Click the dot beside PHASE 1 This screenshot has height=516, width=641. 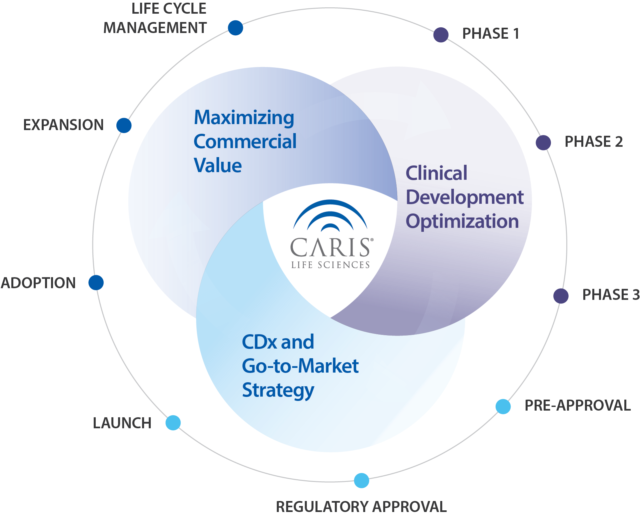[x=441, y=35]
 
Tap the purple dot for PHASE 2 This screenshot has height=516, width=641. [x=543, y=142]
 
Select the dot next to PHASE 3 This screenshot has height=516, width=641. [x=561, y=296]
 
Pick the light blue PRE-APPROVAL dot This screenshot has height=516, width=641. [x=503, y=406]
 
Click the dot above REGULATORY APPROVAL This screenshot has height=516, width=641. [x=361, y=480]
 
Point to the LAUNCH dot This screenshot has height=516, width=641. [x=173, y=423]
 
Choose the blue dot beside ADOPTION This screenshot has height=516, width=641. [x=96, y=283]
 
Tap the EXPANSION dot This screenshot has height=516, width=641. [x=124, y=125]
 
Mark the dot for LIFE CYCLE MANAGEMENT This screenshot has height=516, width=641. [x=235, y=28]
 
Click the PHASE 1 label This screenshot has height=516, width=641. [x=490, y=34]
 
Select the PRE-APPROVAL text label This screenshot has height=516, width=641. [x=578, y=406]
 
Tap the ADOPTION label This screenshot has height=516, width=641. [x=38, y=283]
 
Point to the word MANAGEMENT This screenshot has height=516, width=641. [x=155, y=28]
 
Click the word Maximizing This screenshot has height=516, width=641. [x=244, y=118]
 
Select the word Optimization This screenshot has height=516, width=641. [x=462, y=221]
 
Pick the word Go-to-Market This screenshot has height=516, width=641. [x=300, y=366]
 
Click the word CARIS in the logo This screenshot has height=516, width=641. [x=330, y=247]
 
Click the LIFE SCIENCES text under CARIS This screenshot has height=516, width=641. [x=330, y=265]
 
